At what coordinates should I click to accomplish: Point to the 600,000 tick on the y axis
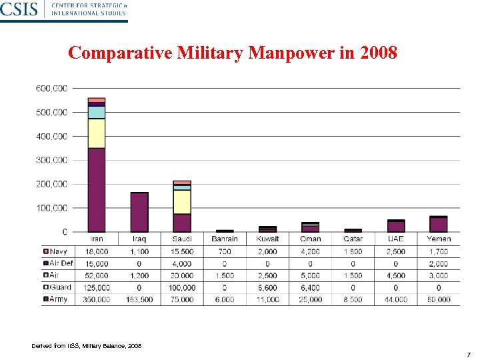coord(51,88)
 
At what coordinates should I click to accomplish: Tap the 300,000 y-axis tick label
coord(51,160)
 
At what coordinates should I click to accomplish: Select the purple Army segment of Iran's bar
coord(97,190)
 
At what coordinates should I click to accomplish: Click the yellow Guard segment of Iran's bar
coord(97,133)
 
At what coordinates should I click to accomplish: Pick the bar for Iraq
coord(139,212)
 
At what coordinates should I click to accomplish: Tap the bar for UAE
coord(396,226)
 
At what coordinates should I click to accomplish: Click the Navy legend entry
coord(57,251)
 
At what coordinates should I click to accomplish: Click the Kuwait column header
coord(267,239)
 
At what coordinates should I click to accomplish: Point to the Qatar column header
coord(353,239)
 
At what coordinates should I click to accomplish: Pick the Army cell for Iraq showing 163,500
coord(139,299)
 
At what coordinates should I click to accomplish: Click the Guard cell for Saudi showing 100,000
coord(182,287)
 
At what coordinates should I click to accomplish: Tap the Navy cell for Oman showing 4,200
coord(310,251)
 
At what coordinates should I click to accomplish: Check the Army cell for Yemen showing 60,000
coord(439,299)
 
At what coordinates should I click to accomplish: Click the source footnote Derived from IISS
coord(87,345)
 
